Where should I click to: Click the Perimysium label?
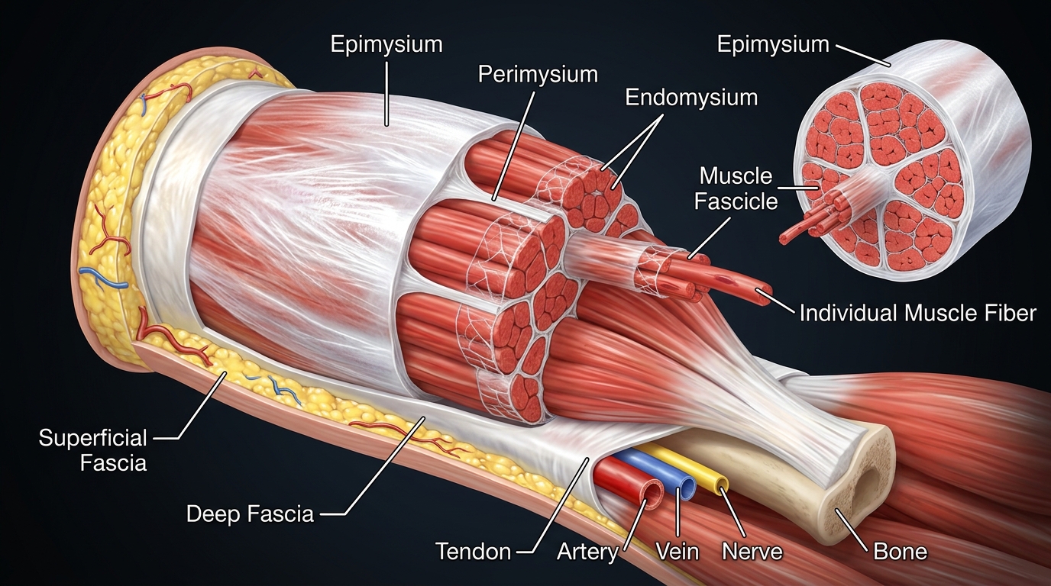pyautogui.click(x=537, y=74)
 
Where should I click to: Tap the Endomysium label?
pyautogui.click(x=690, y=98)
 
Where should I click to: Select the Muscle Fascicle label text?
pyautogui.click(x=737, y=188)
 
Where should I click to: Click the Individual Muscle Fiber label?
pyautogui.click(x=917, y=312)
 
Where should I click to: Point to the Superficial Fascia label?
pyautogui.click(x=92, y=449)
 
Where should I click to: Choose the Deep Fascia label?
pyautogui.click(x=250, y=514)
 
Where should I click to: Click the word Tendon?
pyautogui.click(x=473, y=551)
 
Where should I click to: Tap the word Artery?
pyautogui.click(x=587, y=551)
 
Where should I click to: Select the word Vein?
pyautogui.click(x=677, y=551)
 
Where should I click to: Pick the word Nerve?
pyautogui.click(x=752, y=551)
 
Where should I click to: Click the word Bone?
pyautogui.click(x=901, y=551)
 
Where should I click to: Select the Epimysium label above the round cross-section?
pyautogui.click(x=772, y=44)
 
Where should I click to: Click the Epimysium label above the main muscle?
pyautogui.click(x=386, y=43)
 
